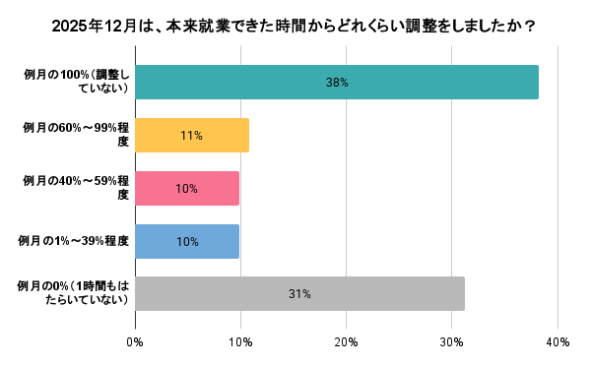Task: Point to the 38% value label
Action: pyautogui.click(x=337, y=83)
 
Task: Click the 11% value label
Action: pyautogui.click(x=191, y=136)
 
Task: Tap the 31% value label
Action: pyautogui.click(x=299, y=293)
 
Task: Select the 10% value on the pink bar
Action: pyautogui.click(x=186, y=188)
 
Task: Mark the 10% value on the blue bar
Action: pyautogui.click(x=186, y=241)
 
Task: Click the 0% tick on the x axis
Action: pyautogui.click(x=135, y=342)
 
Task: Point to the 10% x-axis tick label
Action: pyautogui.click(x=240, y=342)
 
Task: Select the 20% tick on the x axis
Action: pyautogui.click(x=346, y=342)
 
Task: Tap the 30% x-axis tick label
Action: pyautogui.click(x=451, y=342)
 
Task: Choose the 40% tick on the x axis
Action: pyautogui.click(x=557, y=342)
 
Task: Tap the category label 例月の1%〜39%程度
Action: pyautogui.click(x=75, y=241)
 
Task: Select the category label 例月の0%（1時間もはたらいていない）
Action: pyautogui.click(x=75, y=293)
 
